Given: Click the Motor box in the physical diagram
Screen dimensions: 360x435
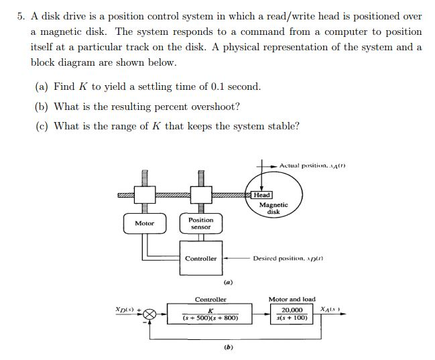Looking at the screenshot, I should [x=145, y=223].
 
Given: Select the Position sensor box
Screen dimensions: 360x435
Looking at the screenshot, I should [x=200, y=223].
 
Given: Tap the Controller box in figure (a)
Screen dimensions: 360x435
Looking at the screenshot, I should [x=201, y=259].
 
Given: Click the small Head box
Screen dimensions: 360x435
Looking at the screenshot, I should [x=262, y=195].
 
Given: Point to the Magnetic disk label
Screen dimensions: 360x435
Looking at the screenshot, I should [x=273, y=208].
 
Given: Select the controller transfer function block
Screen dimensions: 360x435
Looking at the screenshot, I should [x=210, y=314].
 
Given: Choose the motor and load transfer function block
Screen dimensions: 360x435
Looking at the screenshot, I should [x=292, y=314].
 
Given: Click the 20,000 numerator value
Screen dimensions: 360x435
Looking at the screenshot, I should [x=292, y=310].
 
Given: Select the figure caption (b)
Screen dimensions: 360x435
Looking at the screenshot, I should [x=228, y=347].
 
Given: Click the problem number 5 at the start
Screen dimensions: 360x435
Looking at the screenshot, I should [x=20, y=16].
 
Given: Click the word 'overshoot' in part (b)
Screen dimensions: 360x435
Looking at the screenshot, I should [x=216, y=107].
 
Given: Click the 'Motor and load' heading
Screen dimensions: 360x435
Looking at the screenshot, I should [x=292, y=299].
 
